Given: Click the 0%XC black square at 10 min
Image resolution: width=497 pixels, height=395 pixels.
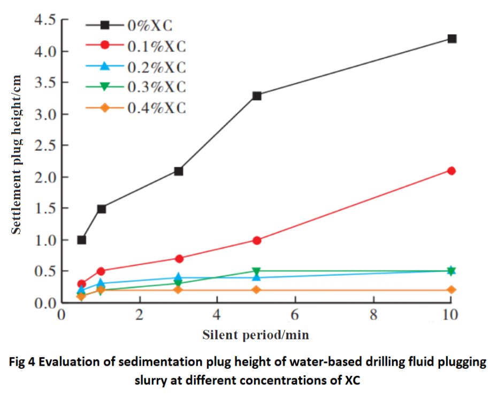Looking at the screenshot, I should (452, 38).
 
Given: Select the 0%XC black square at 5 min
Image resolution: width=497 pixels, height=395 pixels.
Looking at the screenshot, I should (257, 96).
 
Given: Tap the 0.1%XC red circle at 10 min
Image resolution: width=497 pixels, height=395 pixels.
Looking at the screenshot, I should (452, 171).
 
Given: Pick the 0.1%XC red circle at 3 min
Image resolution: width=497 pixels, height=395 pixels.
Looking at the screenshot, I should (179, 258).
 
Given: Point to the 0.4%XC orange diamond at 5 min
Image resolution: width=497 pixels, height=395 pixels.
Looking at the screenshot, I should (257, 290).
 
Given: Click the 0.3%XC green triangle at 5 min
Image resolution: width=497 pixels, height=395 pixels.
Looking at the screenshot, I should (257, 272).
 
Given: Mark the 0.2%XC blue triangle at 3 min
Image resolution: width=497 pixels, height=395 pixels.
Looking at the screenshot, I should (179, 277).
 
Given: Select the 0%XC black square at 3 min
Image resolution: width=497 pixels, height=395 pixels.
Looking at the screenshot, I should (179, 171).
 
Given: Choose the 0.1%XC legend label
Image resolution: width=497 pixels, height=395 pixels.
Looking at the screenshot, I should (156, 46).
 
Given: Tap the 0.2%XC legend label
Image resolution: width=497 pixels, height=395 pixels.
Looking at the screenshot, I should (156, 67).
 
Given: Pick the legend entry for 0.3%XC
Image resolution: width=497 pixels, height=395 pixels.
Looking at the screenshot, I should (156, 87).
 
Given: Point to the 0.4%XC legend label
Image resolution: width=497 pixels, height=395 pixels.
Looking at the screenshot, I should (156, 107).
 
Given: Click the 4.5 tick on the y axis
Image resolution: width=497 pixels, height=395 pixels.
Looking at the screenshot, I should (45, 20).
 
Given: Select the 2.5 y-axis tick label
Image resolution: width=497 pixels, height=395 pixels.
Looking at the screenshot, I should (45, 145).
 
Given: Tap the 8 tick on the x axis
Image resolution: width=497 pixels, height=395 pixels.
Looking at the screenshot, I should (373, 314).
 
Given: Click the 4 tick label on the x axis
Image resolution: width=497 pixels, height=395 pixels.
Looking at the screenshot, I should (217, 314).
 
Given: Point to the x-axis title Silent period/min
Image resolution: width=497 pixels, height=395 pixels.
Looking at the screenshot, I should (256, 335).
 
